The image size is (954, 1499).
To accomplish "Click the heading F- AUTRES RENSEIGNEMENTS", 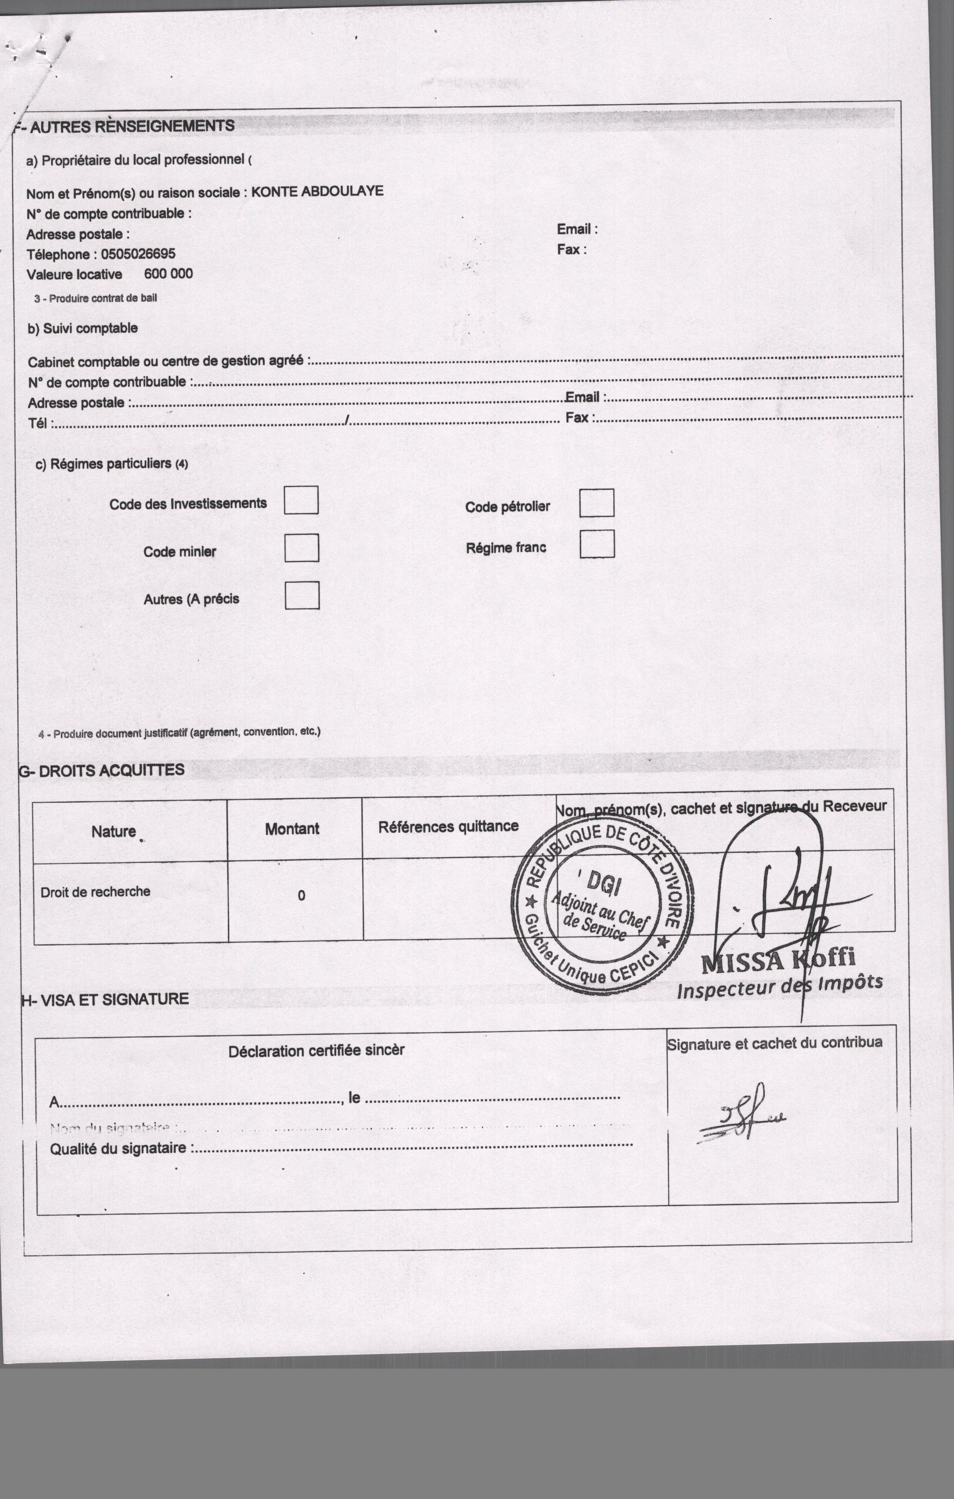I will [x=125, y=127].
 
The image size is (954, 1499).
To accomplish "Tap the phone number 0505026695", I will [x=138, y=254].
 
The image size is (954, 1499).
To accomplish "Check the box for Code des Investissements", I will [x=301, y=500].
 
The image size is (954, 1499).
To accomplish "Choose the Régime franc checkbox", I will [x=597, y=544].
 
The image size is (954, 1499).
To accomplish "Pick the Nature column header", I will [x=113, y=832].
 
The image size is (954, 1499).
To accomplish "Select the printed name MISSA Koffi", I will [x=778, y=960].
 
